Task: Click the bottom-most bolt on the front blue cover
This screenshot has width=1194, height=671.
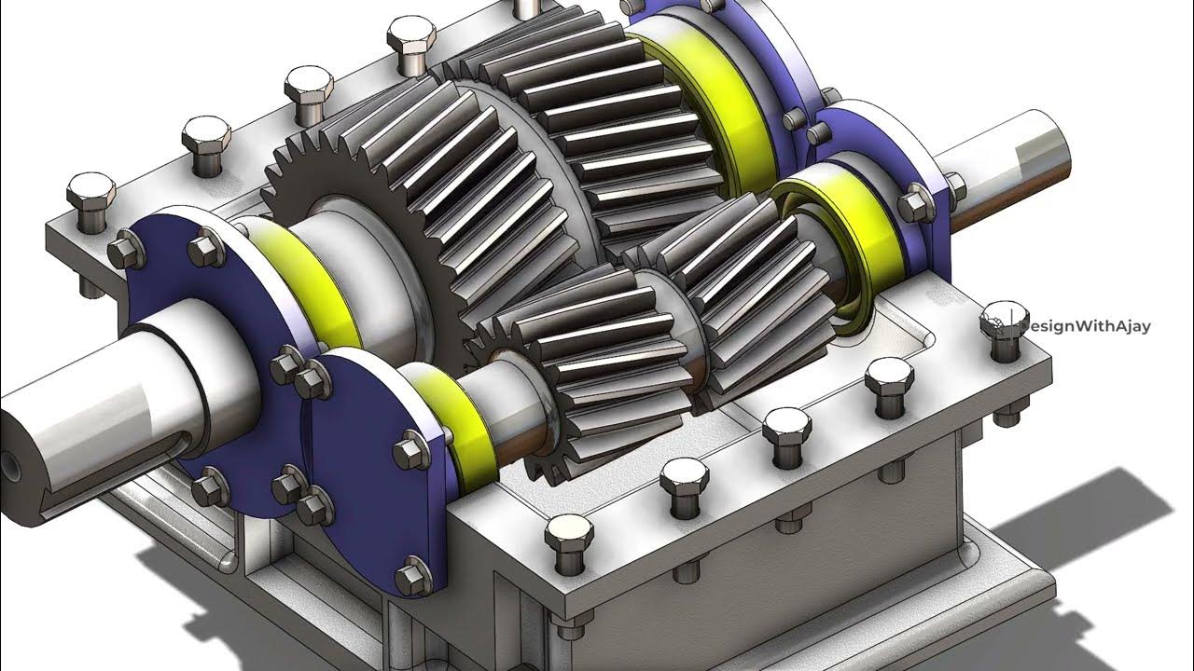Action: (410, 577)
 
